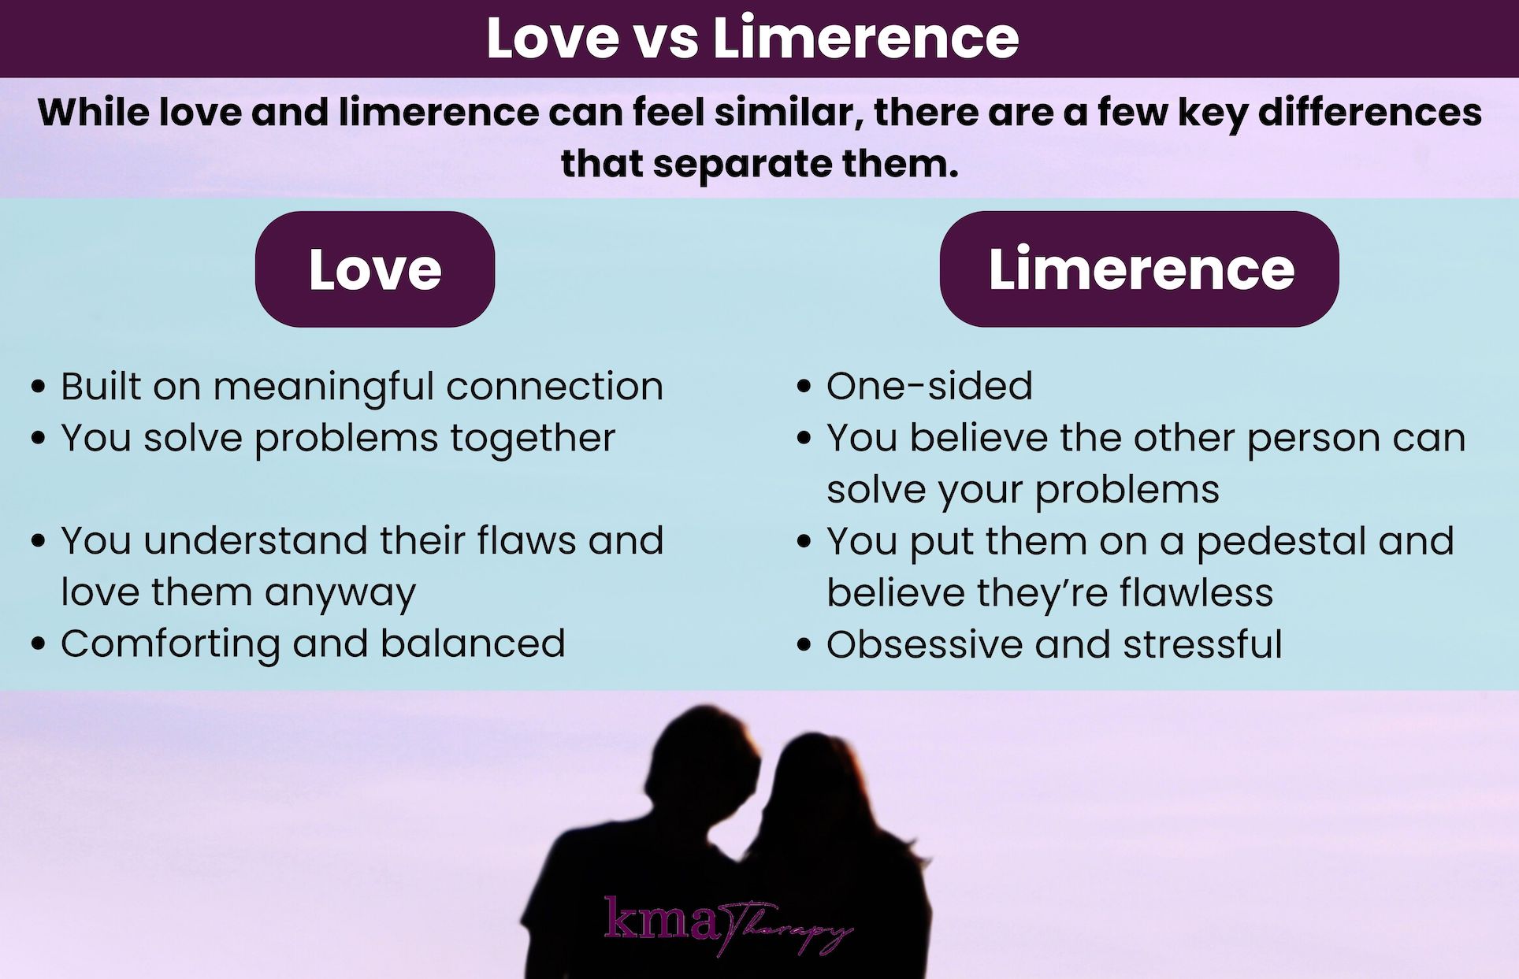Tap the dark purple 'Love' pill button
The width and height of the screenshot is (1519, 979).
point(375,269)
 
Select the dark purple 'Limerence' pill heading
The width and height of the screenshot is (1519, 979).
point(1139,269)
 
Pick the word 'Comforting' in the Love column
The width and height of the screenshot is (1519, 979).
point(170,644)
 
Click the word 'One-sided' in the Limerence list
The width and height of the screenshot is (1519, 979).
point(929,387)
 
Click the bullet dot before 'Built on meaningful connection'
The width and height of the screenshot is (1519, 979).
point(38,388)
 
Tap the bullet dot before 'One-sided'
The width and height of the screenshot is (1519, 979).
point(804,388)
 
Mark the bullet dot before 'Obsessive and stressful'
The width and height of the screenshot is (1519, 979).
point(804,645)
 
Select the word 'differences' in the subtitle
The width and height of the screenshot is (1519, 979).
point(1369,112)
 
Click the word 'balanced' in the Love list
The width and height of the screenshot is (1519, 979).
point(473,644)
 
